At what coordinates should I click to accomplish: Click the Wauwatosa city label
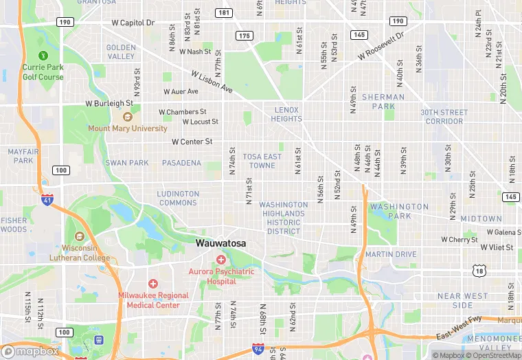pyautogui.click(x=220, y=243)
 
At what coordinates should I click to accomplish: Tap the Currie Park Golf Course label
pyautogui.click(x=43, y=72)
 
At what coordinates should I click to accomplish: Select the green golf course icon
pyautogui.click(x=43, y=55)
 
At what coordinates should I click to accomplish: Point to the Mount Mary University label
pyautogui.click(x=127, y=128)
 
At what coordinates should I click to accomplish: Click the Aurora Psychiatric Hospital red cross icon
pyautogui.click(x=221, y=260)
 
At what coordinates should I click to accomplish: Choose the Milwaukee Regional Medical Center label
pyautogui.click(x=153, y=300)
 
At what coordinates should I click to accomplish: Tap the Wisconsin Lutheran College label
pyautogui.click(x=76, y=253)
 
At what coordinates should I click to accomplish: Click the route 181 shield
pyautogui.click(x=223, y=13)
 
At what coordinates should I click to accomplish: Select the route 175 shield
pyautogui.click(x=245, y=36)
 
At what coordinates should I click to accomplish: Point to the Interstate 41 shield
pyautogui.click(x=47, y=201)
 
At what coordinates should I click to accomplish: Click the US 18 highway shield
pyautogui.click(x=479, y=272)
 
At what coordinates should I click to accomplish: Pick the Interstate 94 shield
pyautogui.click(x=258, y=350)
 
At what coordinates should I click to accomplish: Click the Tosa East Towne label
pyautogui.click(x=262, y=161)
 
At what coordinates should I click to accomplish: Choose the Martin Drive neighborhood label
pyautogui.click(x=391, y=254)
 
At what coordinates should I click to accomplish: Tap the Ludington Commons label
pyautogui.click(x=178, y=198)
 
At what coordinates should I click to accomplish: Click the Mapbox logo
pyautogui.click(x=30, y=351)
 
